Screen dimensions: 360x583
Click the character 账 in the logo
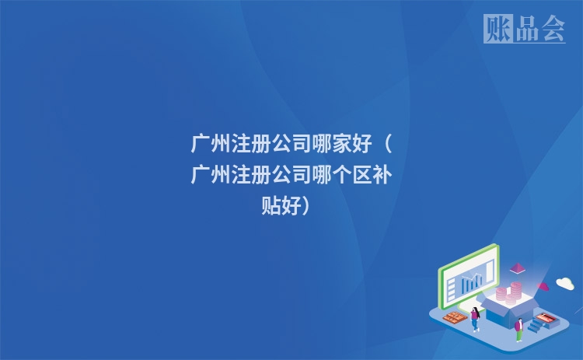tap(497, 29)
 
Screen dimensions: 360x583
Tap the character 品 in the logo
tap(525, 29)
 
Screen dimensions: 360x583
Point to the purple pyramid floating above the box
tap(516, 268)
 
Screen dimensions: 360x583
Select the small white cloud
tap(564, 283)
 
